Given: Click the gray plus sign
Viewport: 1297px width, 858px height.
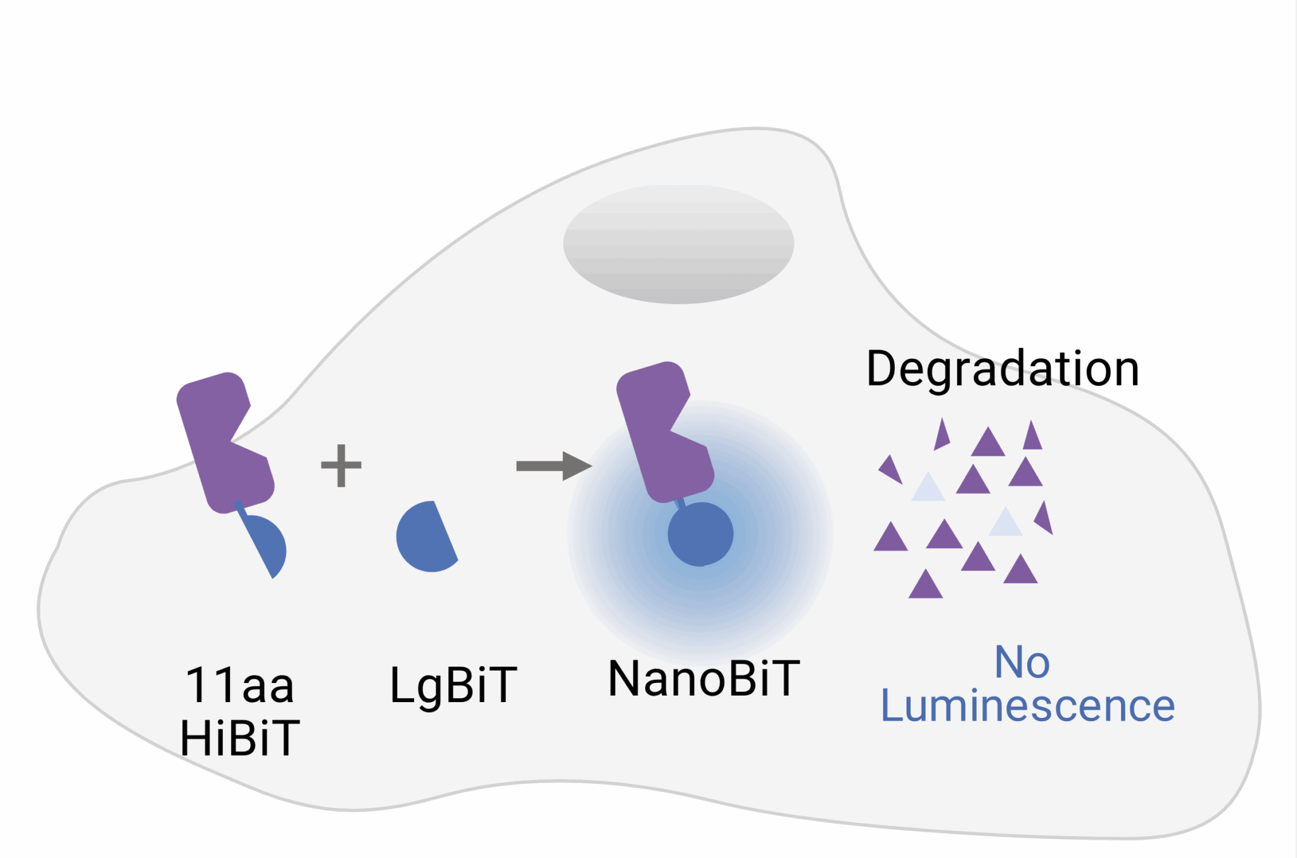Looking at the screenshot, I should point(341,466).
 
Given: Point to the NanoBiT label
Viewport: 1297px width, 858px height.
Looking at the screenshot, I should point(704,679).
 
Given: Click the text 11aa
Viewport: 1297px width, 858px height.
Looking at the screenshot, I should point(239,685).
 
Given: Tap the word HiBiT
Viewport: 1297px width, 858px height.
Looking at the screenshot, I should point(239,738).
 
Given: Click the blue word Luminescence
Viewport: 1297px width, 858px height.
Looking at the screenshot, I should point(1027,706).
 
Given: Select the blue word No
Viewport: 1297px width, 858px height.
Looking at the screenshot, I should point(1022,662).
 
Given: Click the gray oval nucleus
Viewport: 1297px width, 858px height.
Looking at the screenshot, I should point(678,244).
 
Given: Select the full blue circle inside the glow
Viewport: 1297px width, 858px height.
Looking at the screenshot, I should point(700,534).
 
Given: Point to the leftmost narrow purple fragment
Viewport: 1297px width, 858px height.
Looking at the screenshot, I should point(891,470).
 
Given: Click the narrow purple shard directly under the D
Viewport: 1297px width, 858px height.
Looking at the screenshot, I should point(942,435).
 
